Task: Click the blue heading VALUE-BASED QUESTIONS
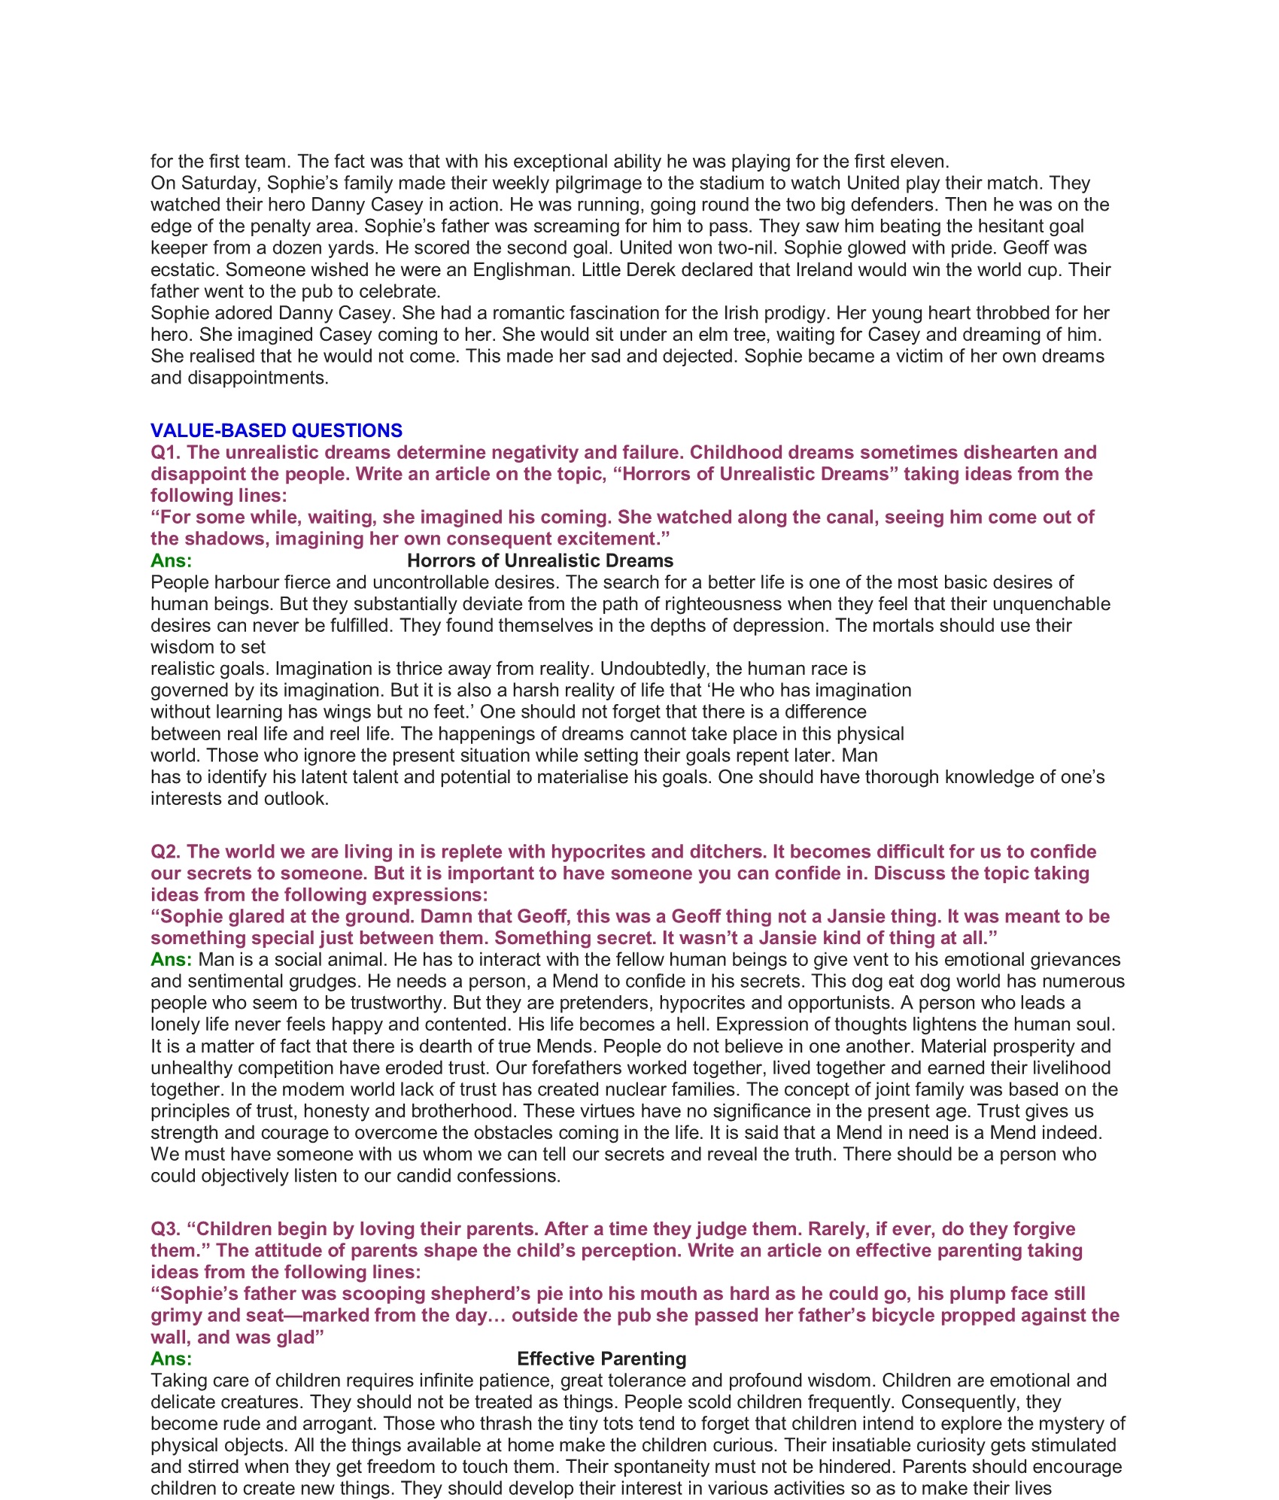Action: [x=276, y=430]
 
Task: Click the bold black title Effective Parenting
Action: [x=601, y=1359]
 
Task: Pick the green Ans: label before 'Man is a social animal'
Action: [x=171, y=959]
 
